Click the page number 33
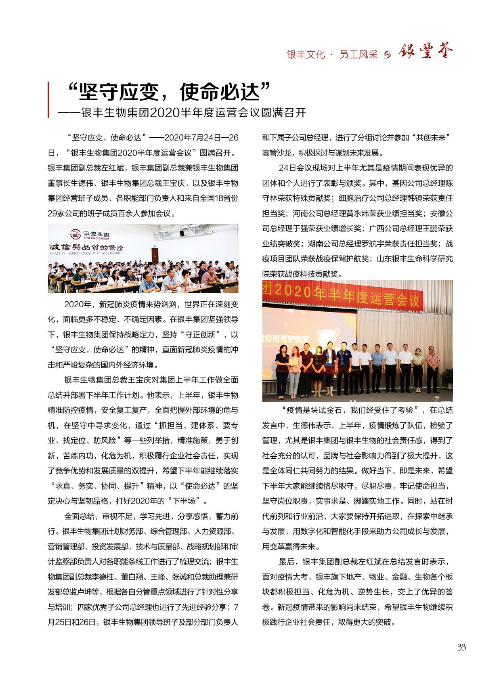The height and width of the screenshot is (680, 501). (461, 647)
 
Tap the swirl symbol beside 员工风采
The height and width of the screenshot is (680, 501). (388, 55)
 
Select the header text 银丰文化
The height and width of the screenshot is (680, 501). (306, 55)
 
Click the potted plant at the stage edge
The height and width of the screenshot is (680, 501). (449, 377)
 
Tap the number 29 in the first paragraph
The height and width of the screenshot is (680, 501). (53, 214)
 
